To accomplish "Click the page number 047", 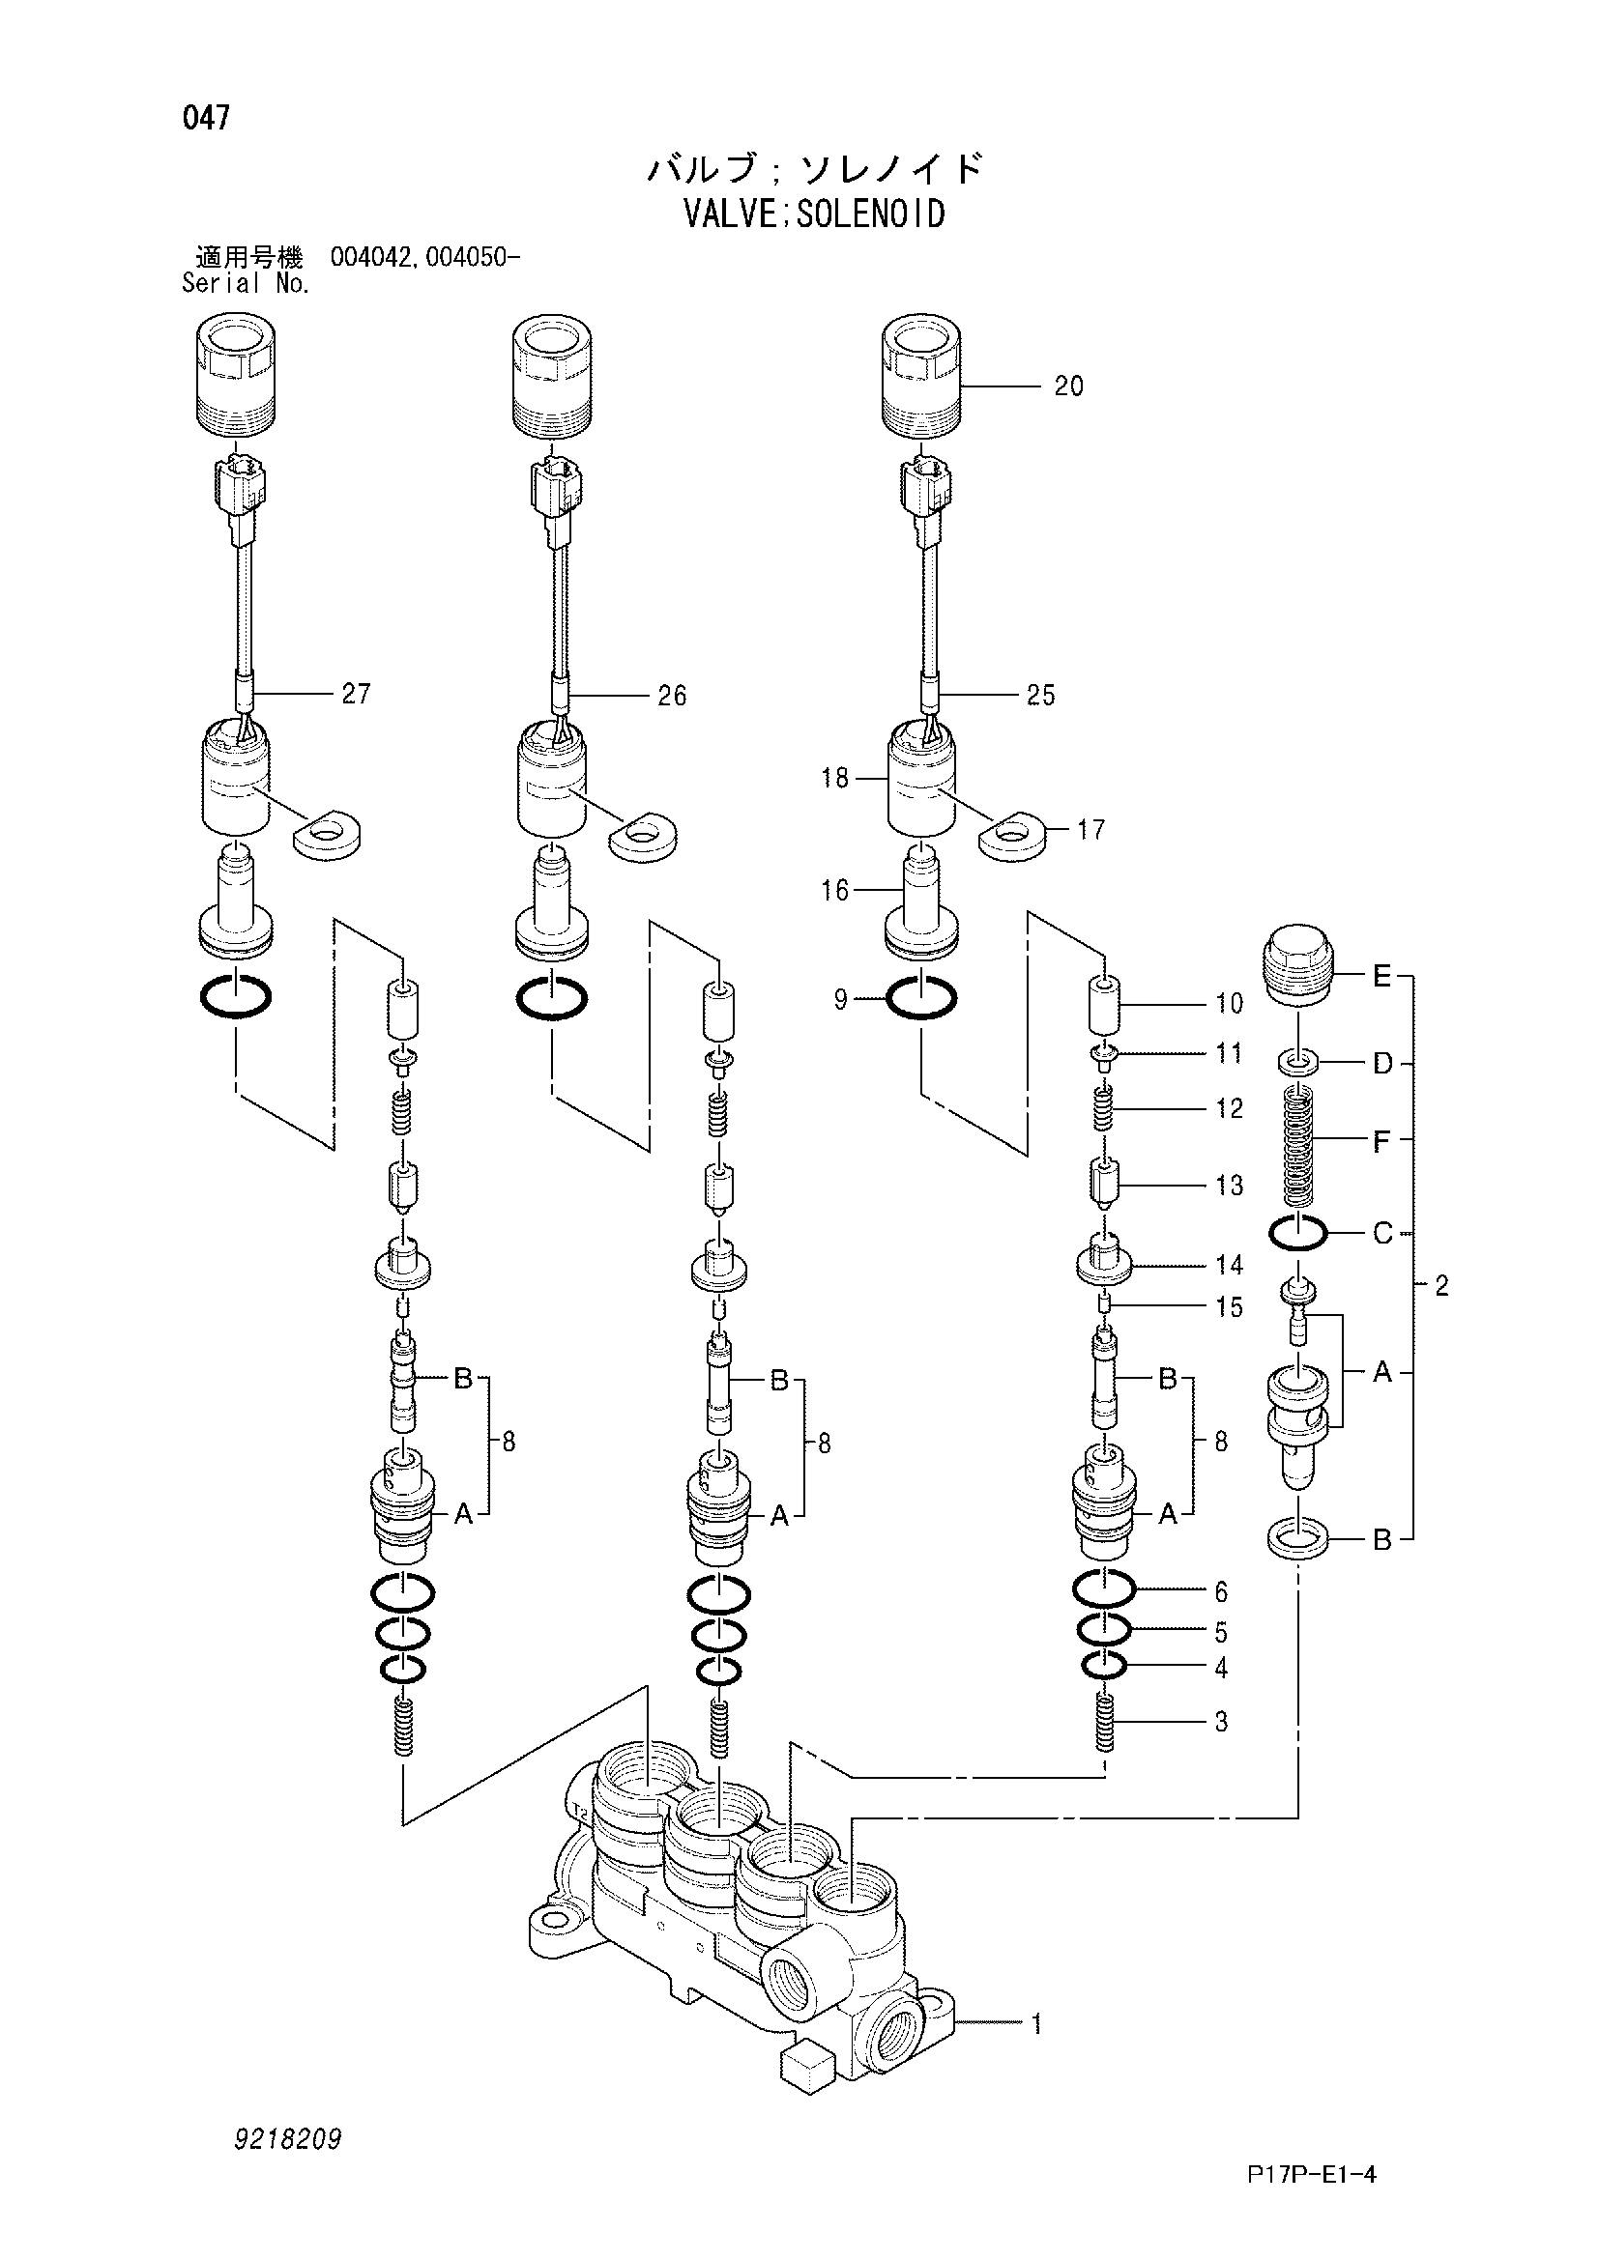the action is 206,118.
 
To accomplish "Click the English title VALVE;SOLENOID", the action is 814,214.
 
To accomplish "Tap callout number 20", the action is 1068,386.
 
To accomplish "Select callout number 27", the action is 356,694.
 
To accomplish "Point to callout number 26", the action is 672,696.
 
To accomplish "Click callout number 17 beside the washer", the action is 1090,830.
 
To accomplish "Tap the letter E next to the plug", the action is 1381,977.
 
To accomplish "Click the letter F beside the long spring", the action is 1381,1141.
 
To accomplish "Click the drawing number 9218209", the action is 287,2139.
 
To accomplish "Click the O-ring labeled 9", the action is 920,1001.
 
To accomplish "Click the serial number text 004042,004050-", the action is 425,258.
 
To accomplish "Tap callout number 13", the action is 1229,1186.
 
